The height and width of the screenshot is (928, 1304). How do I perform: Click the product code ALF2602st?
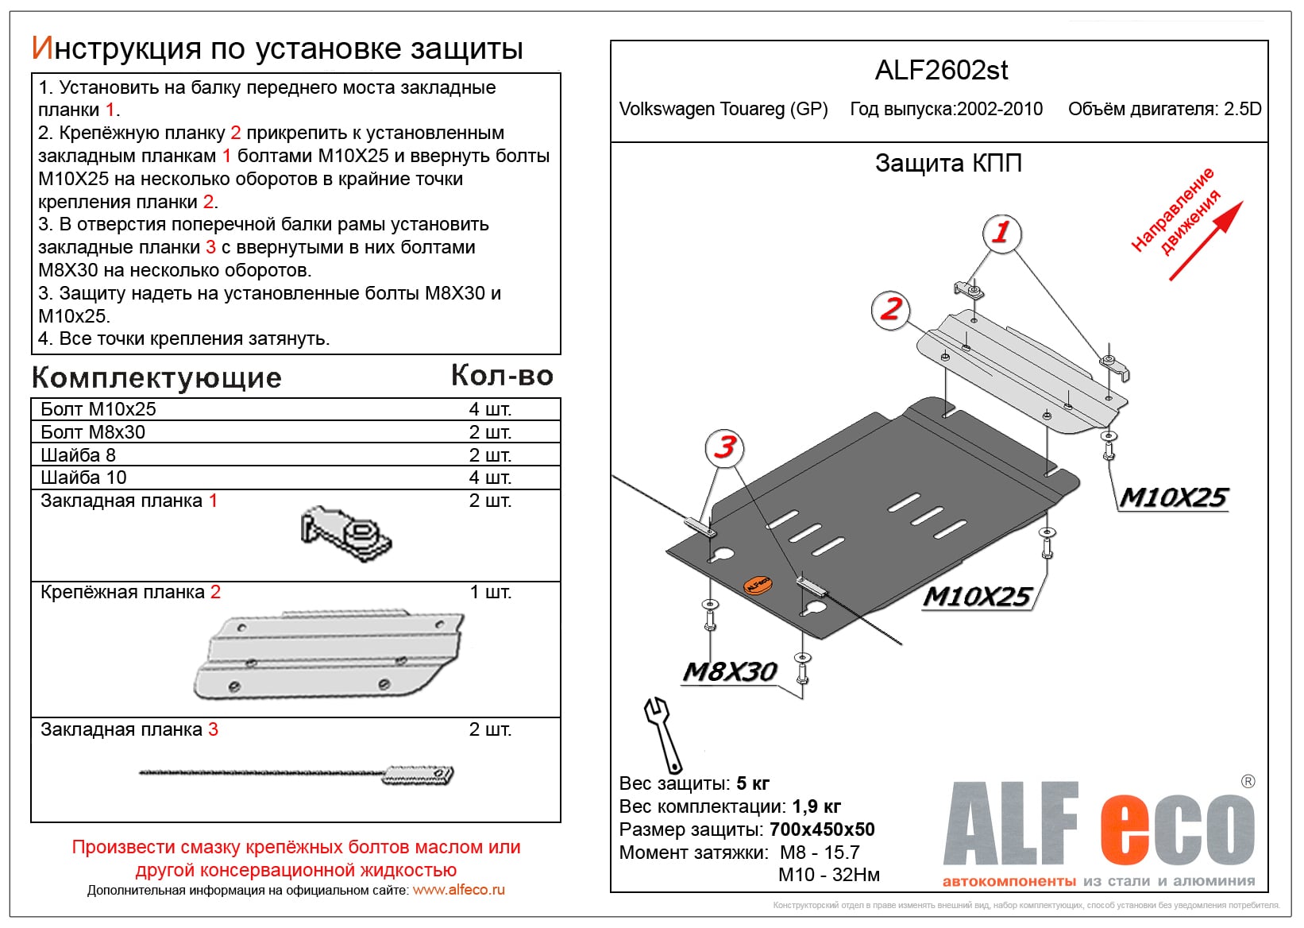[941, 71]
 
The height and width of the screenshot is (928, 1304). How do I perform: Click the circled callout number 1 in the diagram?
[1001, 233]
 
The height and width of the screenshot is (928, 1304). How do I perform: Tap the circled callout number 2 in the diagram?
[891, 309]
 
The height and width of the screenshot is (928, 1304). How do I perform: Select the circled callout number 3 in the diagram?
[724, 447]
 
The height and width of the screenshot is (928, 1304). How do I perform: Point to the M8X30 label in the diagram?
[730, 672]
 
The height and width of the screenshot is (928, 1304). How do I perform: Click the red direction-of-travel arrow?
[1205, 241]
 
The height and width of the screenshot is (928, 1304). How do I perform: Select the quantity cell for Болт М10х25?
[490, 409]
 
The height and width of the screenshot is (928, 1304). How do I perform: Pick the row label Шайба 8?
[78, 455]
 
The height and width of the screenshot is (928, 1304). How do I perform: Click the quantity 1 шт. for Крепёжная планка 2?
[490, 593]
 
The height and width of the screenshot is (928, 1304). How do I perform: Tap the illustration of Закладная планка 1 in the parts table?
[346, 530]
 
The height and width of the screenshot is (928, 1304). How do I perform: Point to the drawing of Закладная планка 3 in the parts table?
[297, 774]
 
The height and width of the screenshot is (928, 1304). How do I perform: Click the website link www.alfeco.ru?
[459, 890]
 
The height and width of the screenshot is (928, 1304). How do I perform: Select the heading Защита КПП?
[948, 164]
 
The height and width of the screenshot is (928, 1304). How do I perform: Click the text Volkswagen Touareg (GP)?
[723, 110]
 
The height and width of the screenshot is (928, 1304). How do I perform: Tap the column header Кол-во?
[502, 376]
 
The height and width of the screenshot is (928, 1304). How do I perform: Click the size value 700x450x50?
[822, 829]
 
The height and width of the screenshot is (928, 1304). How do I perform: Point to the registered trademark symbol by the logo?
[1248, 782]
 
